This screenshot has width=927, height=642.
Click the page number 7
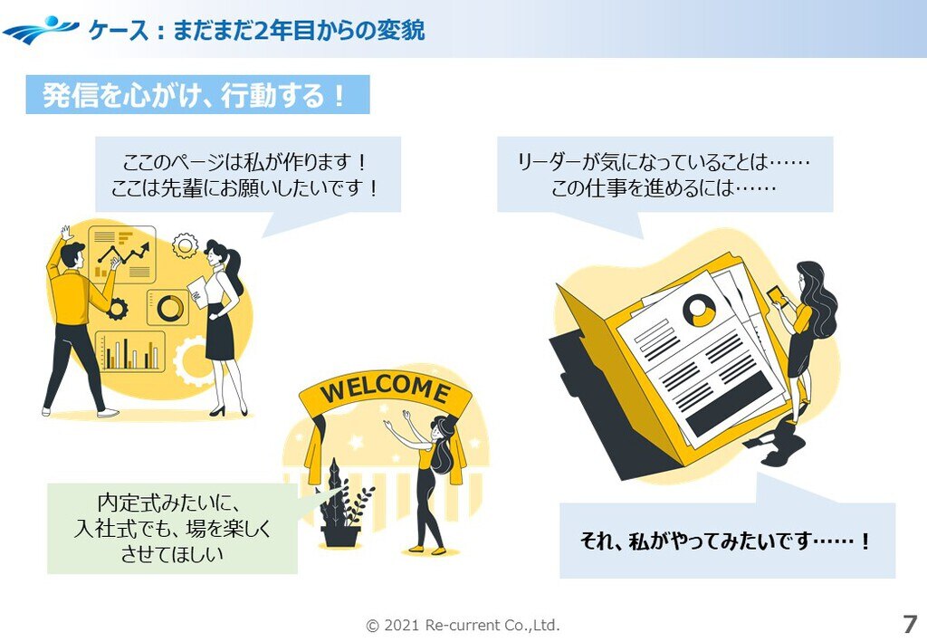(909, 624)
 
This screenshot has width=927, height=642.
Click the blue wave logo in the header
(41, 30)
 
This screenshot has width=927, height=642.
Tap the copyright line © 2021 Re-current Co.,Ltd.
(463, 625)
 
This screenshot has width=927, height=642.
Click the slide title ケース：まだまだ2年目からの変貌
(256, 31)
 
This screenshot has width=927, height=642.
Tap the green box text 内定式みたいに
(171, 503)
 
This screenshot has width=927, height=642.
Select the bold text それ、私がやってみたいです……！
(726, 541)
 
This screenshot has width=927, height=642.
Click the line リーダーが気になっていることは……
(664, 163)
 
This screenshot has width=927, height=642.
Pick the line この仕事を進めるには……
(664, 189)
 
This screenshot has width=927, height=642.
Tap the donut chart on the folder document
(698, 311)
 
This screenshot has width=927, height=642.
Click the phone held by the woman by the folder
(776, 295)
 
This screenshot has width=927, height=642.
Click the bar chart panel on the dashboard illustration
(130, 351)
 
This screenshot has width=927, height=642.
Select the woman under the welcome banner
(431, 480)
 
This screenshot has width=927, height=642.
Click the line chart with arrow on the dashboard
(122, 254)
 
